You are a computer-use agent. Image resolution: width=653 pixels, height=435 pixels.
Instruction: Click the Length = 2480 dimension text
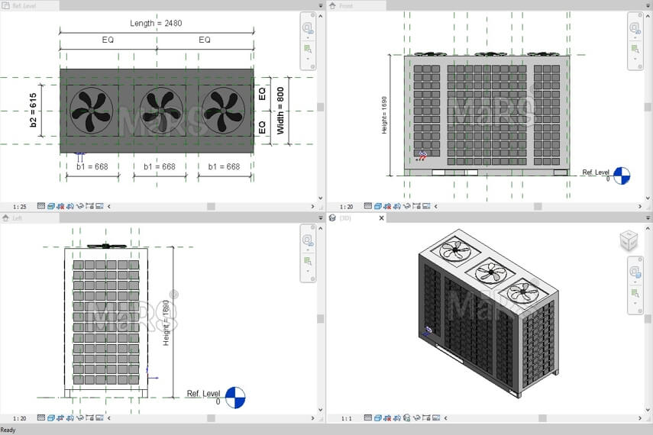point(156,24)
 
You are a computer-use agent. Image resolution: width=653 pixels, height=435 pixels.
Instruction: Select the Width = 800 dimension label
point(281,111)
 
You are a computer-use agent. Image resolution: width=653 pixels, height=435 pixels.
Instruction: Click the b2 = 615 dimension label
point(34,111)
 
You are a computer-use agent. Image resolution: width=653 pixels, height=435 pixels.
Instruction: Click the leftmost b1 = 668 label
point(92,166)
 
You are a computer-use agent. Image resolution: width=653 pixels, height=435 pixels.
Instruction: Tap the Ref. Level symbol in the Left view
point(236,397)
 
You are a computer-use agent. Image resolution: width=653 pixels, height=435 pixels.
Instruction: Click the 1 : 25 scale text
point(20,206)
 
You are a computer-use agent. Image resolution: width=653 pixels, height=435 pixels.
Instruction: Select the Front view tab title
point(346,5)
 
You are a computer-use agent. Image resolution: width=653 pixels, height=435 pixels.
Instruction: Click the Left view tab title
point(17,218)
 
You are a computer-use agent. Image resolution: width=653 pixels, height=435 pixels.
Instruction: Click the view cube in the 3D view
point(629,240)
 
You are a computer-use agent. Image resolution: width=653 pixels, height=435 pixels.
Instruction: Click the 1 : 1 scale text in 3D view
point(347,417)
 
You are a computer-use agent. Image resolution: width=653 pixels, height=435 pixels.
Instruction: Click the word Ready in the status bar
point(8,430)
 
